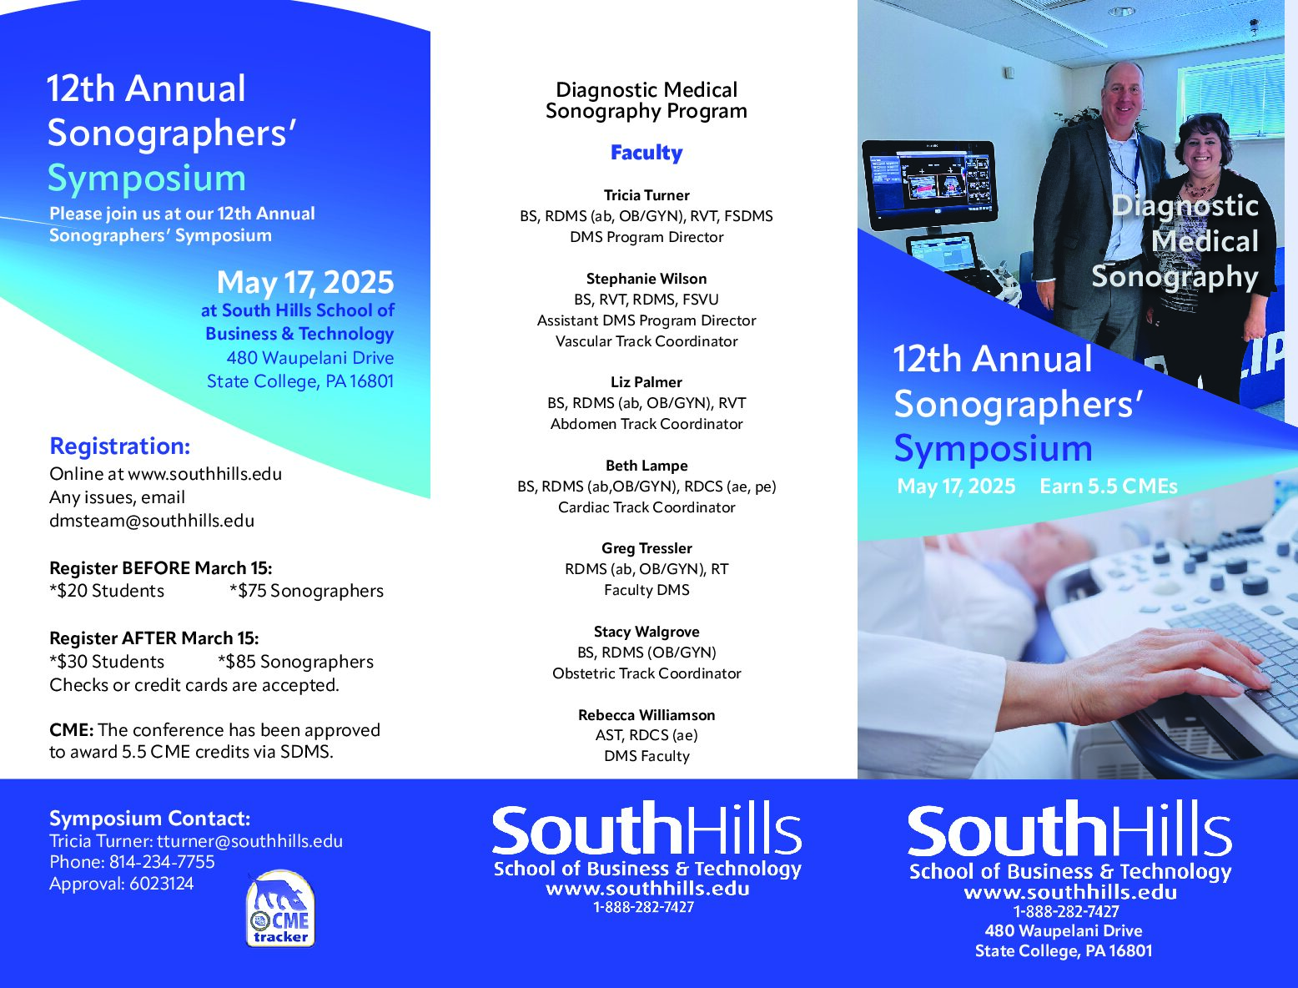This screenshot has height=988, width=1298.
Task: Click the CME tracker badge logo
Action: coord(280,910)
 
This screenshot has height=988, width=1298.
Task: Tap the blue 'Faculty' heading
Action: coord(646,153)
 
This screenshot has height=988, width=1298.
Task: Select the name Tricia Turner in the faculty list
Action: coord(646,195)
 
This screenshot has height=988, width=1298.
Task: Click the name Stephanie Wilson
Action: coord(646,279)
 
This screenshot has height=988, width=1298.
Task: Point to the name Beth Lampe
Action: coord(646,466)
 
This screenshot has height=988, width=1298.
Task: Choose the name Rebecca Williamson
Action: coord(646,715)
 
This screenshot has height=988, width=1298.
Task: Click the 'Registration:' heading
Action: coord(120,446)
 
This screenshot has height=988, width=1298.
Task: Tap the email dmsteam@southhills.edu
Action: coord(152,521)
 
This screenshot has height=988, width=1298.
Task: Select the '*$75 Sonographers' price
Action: coord(306,591)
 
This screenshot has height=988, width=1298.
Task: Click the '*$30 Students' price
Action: coord(107,662)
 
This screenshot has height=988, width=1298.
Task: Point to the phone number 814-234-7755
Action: coord(162,862)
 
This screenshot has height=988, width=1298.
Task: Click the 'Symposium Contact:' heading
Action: coord(149,819)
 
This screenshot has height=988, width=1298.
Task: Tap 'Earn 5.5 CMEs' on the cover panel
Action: coord(1108,486)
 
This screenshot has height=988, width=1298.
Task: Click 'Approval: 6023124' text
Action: coord(121,884)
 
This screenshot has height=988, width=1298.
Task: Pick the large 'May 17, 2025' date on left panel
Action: coord(304,283)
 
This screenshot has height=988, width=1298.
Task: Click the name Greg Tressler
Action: coord(646,548)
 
